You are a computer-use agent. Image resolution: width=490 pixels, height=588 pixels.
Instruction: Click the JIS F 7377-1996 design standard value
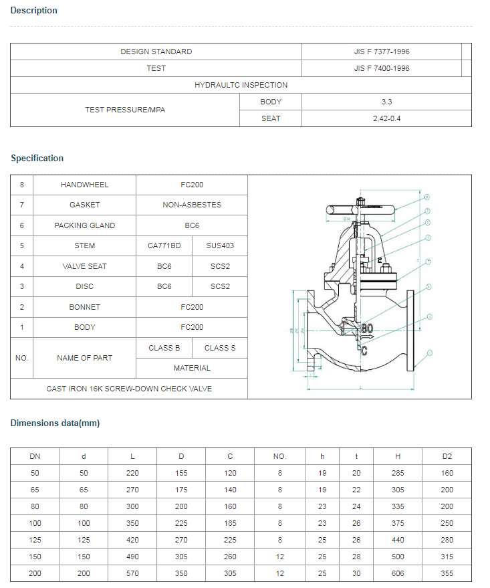(382, 52)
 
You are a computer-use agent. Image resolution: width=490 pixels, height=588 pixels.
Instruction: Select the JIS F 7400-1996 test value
(382, 68)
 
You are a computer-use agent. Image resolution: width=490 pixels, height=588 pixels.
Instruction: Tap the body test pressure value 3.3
(386, 102)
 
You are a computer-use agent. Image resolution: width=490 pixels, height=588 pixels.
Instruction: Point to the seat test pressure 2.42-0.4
(386, 118)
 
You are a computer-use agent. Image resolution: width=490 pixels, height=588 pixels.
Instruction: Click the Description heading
(34, 11)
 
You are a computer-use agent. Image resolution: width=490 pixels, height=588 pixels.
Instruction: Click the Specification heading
(37, 159)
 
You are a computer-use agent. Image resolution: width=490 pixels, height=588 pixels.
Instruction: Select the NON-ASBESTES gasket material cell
(192, 205)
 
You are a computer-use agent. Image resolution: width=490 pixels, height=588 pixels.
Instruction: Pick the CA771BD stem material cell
(164, 246)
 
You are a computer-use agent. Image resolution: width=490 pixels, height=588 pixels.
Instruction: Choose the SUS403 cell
(220, 246)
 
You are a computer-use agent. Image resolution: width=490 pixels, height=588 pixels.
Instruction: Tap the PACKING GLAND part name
(84, 225)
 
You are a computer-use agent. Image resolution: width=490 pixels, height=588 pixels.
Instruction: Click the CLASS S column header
(220, 348)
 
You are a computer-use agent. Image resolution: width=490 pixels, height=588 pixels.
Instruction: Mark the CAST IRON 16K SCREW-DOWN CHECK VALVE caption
(129, 389)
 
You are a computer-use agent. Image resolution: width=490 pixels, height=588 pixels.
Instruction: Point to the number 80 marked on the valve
(367, 329)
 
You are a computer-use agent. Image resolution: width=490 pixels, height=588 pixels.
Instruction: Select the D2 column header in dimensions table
(447, 456)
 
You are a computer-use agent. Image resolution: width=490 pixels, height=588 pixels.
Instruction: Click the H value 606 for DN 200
(398, 573)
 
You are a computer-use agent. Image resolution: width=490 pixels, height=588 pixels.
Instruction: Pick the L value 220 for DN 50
(132, 473)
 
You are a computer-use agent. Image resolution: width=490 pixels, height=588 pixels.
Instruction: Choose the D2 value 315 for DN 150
(447, 557)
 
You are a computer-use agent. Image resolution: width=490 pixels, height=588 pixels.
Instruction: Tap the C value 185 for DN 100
(230, 523)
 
